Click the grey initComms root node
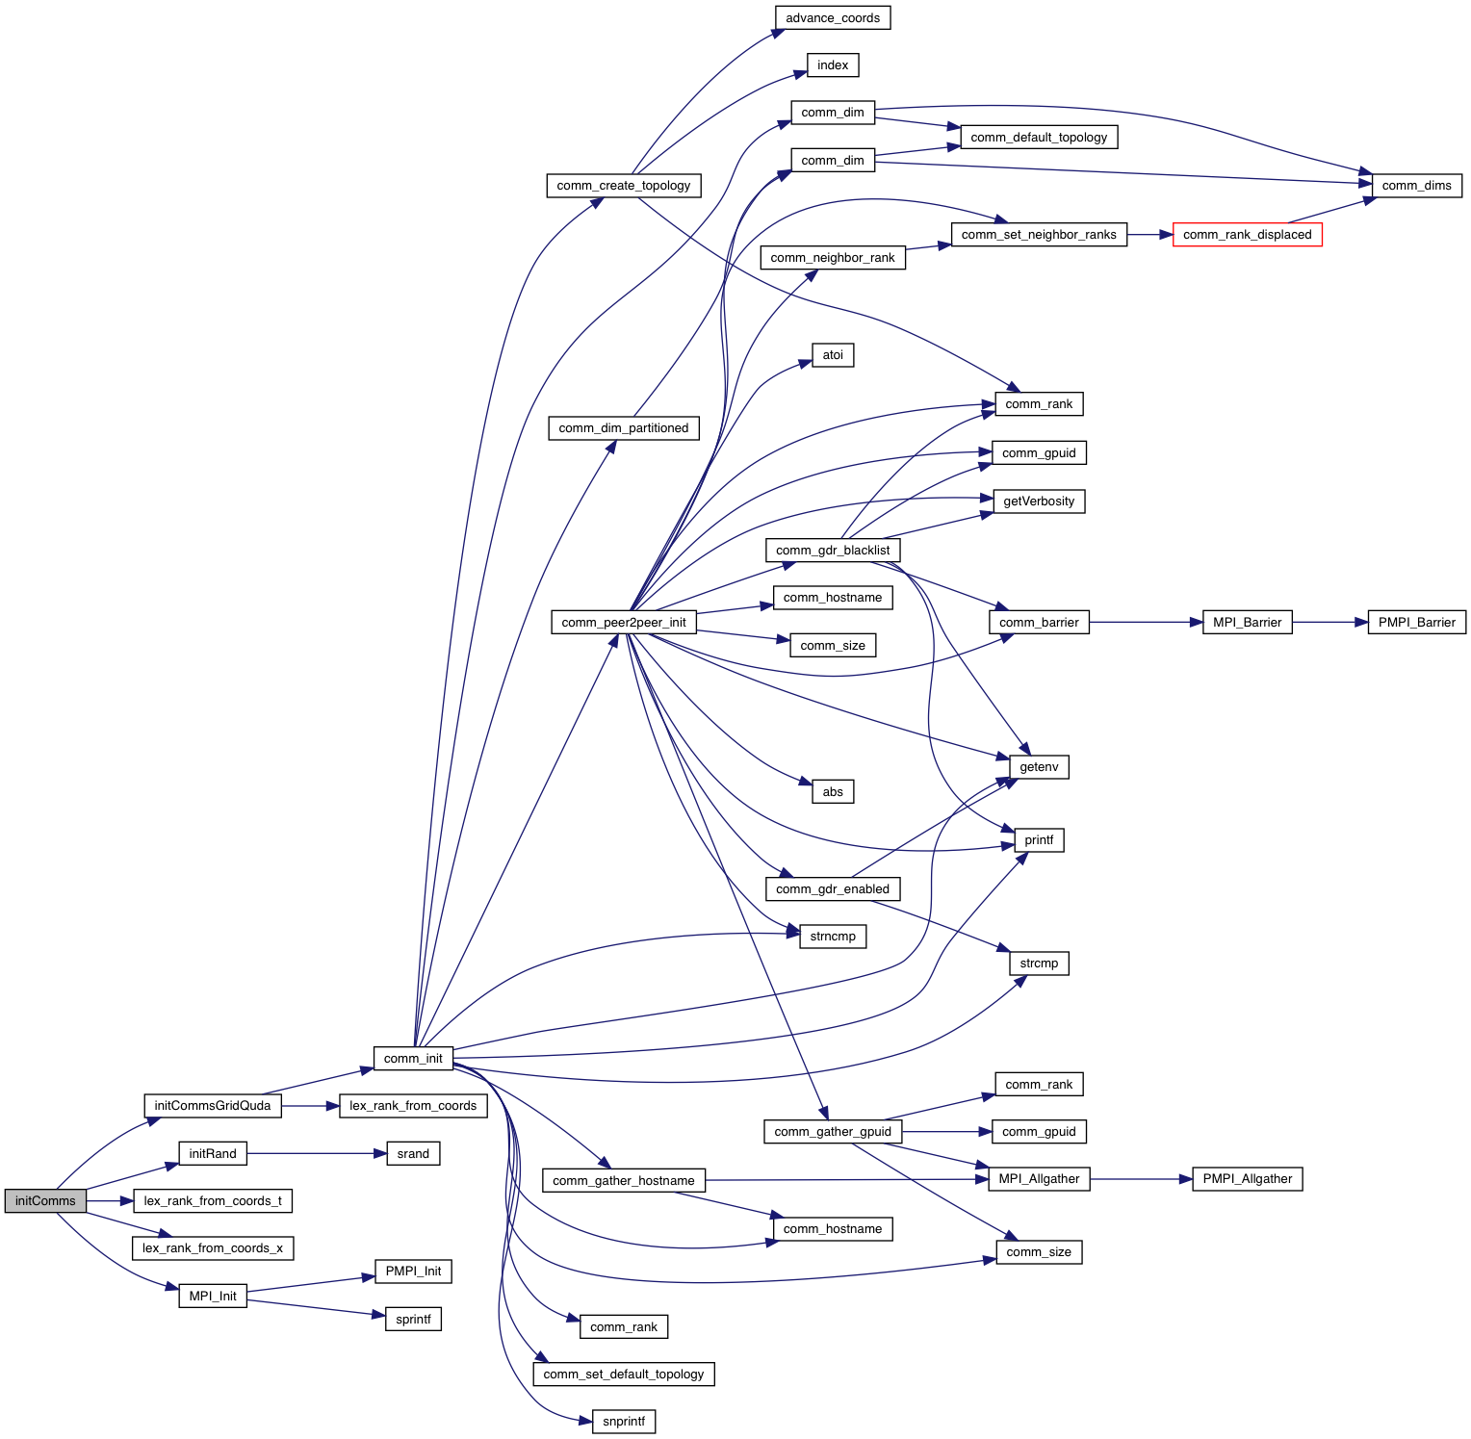tap(45, 1200)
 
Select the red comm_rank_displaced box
tap(1247, 235)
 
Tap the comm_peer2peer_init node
tap(624, 623)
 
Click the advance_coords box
tap(833, 18)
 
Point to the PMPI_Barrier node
tap(1416, 623)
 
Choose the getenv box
tap(1039, 767)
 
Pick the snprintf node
tap(624, 1422)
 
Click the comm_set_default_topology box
tap(624, 1375)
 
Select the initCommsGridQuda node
tap(213, 1106)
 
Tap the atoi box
tap(833, 355)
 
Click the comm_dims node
tap(1416, 186)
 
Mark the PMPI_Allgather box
tap(1247, 1179)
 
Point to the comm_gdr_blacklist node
tap(833, 551)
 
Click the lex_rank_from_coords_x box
tap(213, 1248)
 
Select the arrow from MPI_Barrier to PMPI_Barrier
tap(1329, 623)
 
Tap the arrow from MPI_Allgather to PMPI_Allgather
tap(1141, 1179)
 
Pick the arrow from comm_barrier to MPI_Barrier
tap(1146, 623)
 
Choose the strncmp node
tap(833, 937)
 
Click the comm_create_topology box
tap(624, 186)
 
